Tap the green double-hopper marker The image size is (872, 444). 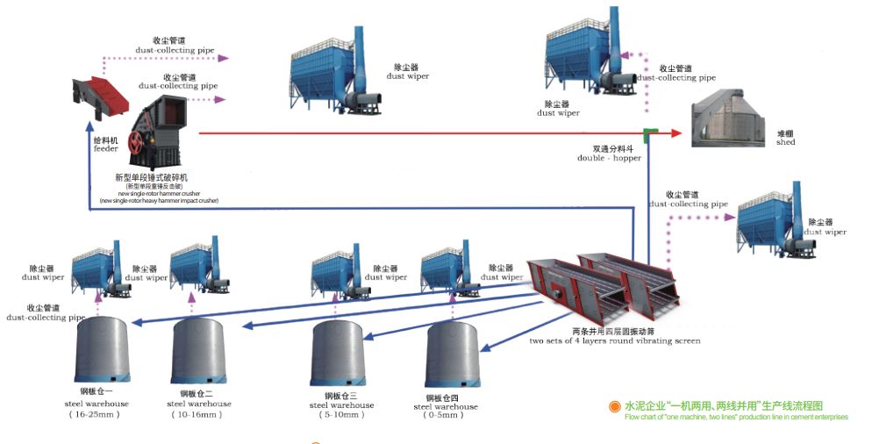coord(650,134)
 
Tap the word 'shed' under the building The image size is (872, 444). coord(785,142)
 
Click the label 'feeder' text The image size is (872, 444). coord(105,148)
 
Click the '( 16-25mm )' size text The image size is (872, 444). coord(96,413)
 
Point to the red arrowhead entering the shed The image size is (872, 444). coord(676,133)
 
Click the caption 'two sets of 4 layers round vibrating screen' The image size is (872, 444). coord(614,340)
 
